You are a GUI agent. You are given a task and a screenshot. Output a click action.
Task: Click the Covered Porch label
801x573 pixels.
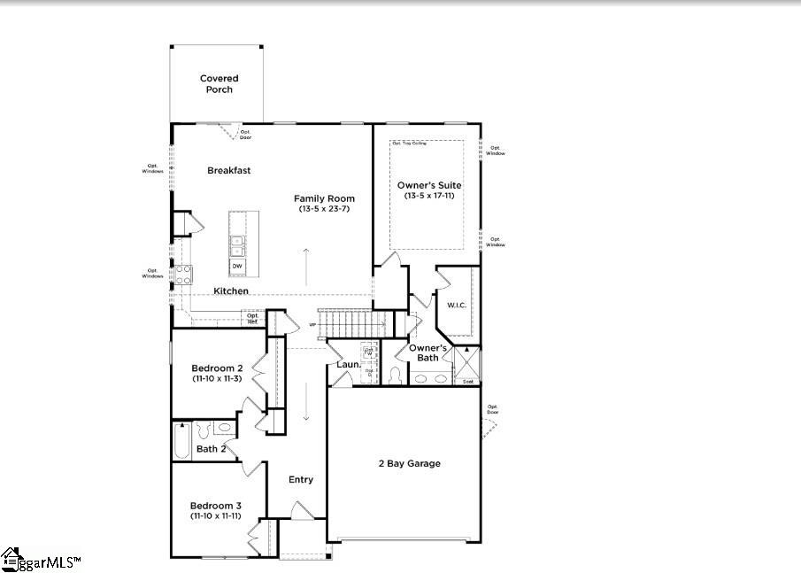pyautogui.click(x=218, y=84)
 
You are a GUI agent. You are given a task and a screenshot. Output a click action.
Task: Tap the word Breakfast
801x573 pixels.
pyautogui.click(x=230, y=170)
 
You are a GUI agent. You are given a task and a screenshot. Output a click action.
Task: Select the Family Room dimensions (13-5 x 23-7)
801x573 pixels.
pyautogui.click(x=325, y=209)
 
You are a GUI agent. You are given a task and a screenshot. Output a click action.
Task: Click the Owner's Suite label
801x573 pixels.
pyautogui.click(x=429, y=185)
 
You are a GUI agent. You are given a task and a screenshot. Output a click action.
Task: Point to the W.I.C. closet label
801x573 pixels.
pyautogui.click(x=457, y=306)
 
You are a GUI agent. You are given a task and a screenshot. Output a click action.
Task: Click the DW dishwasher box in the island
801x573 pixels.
pyautogui.click(x=237, y=266)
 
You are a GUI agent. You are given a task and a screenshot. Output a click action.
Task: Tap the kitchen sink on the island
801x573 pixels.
pyautogui.click(x=237, y=245)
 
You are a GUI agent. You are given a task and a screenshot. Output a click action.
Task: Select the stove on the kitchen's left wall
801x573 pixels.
pyautogui.click(x=184, y=275)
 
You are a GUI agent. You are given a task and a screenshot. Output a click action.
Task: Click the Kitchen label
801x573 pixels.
pyautogui.click(x=231, y=290)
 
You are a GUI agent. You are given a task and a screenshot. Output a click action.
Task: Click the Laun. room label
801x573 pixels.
pyautogui.click(x=348, y=364)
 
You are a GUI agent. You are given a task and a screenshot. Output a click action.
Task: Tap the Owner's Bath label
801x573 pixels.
pyautogui.click(x=427, y=352)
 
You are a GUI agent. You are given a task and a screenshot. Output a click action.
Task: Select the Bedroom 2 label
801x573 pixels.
pyautogui.click(x=217, y=368)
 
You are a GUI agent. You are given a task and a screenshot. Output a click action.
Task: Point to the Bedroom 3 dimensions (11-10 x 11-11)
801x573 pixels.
pyautogui.click(x=217, y=515)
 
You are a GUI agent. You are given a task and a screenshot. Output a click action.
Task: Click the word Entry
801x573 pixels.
pyautogui.click(x=301, y=479)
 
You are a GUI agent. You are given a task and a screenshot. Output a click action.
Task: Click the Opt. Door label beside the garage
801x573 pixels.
pyautogui.click(x=492, y=409)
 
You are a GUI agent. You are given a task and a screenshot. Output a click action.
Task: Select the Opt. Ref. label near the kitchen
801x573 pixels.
pyautogui.click(x=253, y=317)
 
